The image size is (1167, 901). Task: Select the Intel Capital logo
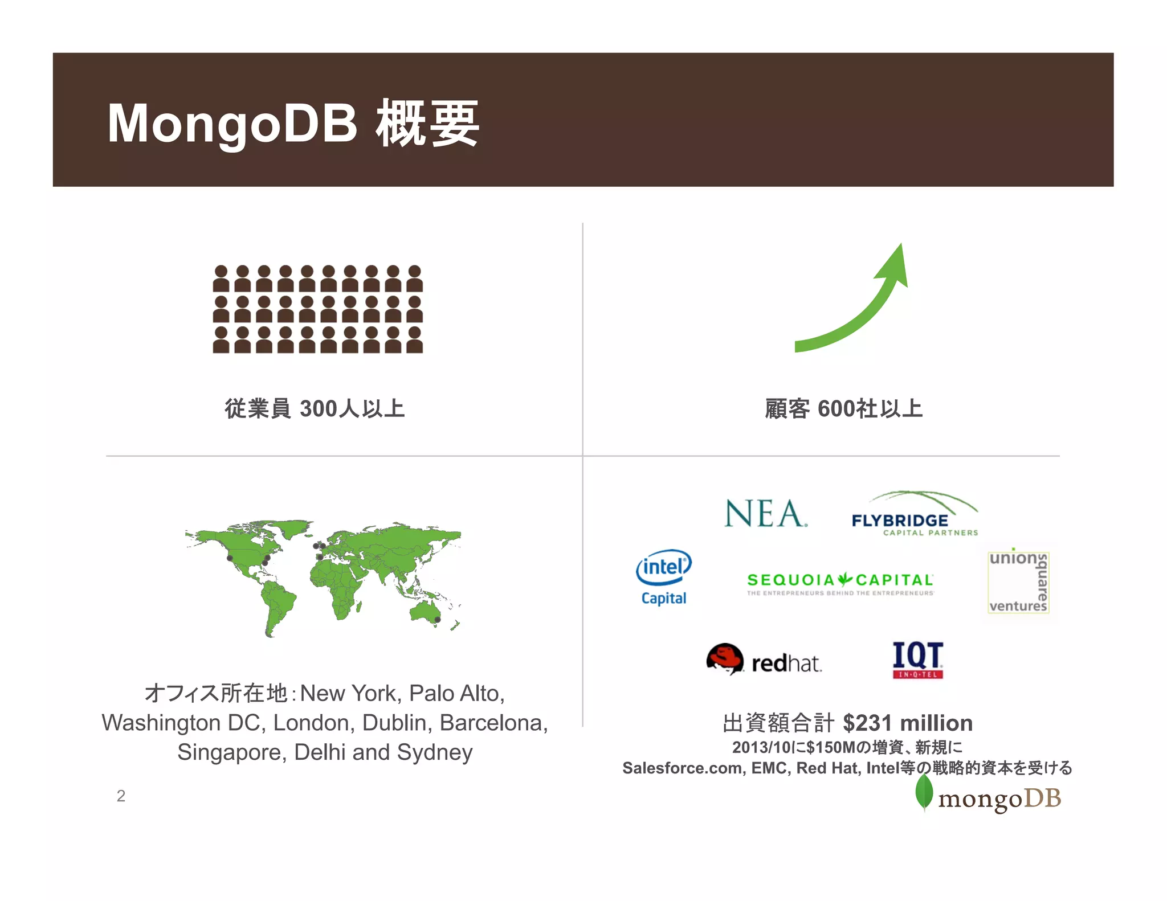pyautogui.click(x=664, y=577)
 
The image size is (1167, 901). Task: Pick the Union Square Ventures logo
pyautogui.click(x=1018, y=581)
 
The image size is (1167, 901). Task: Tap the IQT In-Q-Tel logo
pyautogui.click(x=917, y=660)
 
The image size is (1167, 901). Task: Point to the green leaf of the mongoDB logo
pyautogui.click(x=924, y=792)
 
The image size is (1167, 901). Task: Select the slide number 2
pyautogui.click(x=121, y=796)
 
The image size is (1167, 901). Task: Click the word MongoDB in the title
pyautogui.click(x=232, y=124)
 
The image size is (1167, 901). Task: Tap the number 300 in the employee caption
pyautogui.click(x=318, y=409)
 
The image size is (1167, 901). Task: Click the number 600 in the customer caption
pyautogui.click(x=836, y=409)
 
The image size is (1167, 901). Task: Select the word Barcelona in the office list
pyautogui.click(x=493, y=723)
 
